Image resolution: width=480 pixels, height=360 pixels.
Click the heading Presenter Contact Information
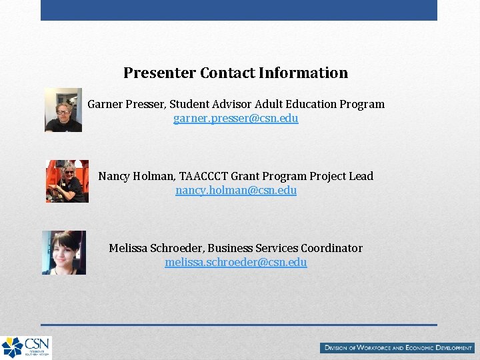(x=235, y=73)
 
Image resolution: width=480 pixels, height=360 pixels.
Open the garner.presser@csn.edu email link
(x=235, y=119)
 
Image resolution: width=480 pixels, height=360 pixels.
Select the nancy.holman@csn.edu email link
(x=235, y=191)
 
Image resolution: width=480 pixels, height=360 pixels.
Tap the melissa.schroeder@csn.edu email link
(x=235, y=263)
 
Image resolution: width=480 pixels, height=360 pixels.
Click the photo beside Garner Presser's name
(x=63, y=110)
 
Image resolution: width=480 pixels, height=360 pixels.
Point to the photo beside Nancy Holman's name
(x=67, y=181)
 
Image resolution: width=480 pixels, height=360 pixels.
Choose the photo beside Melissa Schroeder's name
(x=64, y=253)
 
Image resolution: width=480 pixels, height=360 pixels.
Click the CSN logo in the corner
(x=26, y=347)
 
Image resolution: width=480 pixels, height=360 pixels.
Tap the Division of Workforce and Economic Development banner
(x=398, y=347)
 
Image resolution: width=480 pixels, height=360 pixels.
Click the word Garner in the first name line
(x=105, y=104)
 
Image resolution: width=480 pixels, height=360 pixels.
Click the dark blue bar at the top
(x=239, y=10)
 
